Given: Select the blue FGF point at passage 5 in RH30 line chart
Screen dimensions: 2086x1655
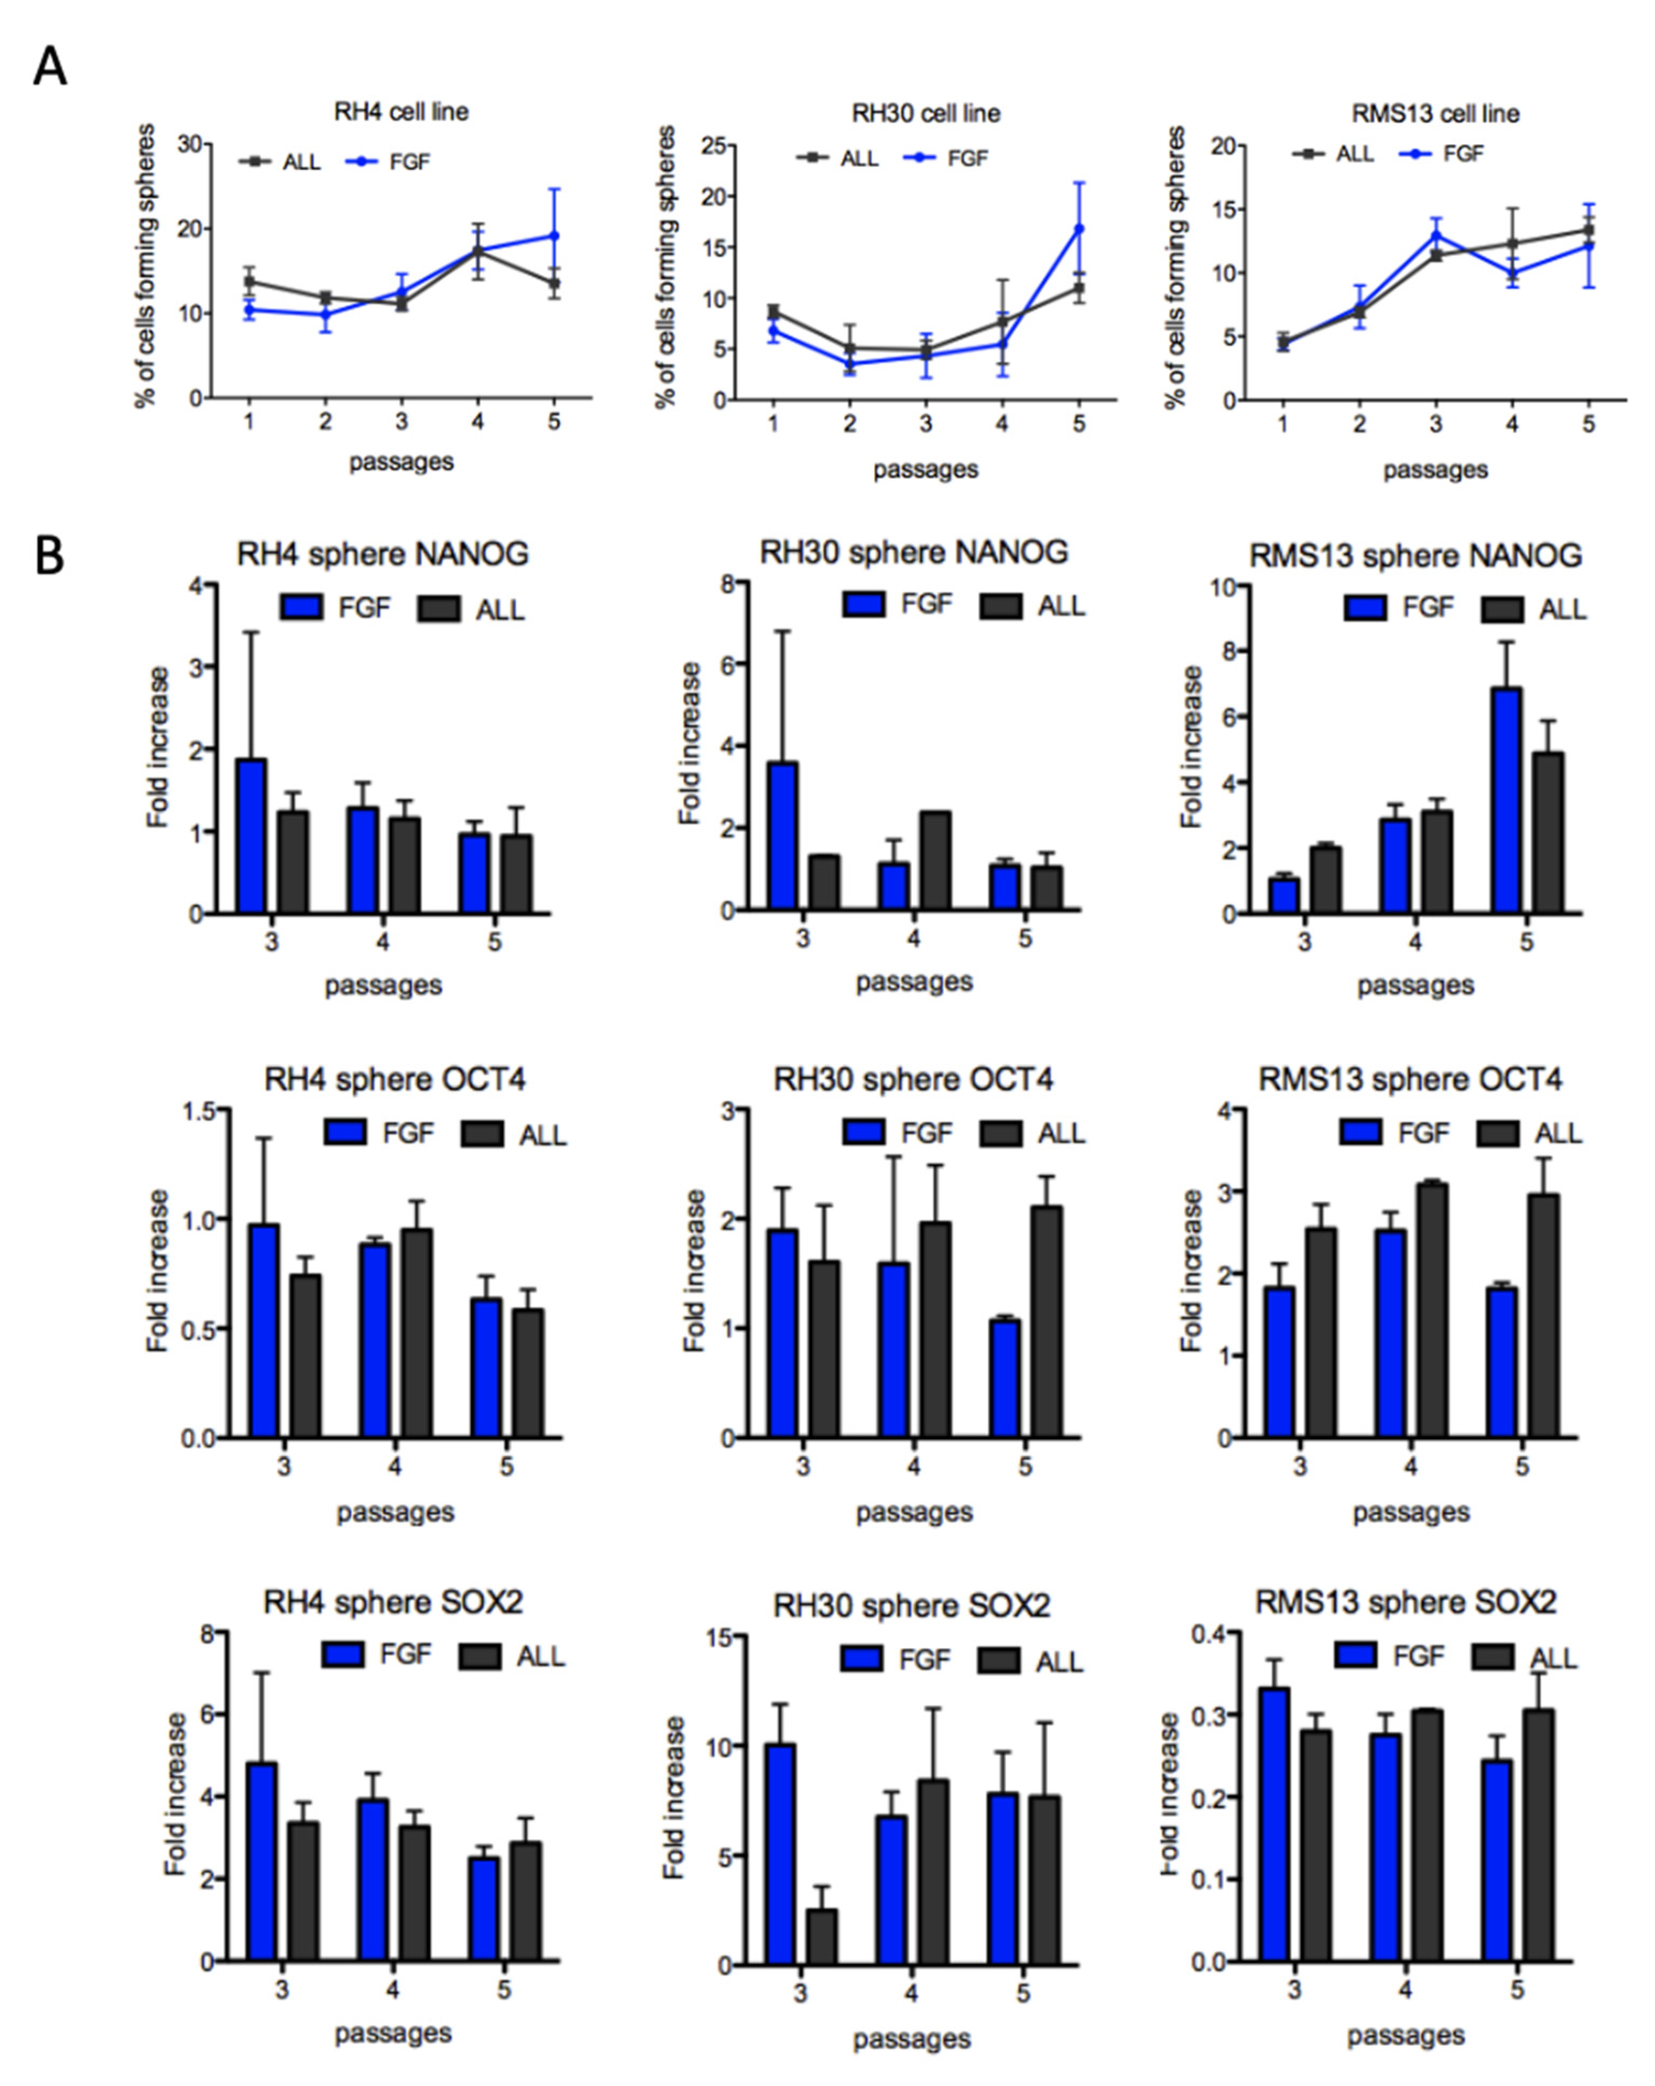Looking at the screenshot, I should [1078, 230].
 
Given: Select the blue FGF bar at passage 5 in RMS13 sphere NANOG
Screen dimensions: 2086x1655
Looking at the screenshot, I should [1506, 800].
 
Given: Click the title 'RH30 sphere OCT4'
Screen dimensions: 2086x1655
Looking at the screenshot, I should [913, 1079].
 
